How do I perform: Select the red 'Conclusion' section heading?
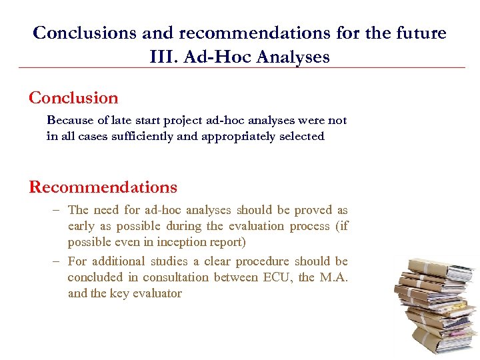pos(73,98)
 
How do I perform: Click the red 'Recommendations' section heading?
pos(103,187)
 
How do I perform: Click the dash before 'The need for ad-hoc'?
pos(57,210)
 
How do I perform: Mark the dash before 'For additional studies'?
pos(57,261)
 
